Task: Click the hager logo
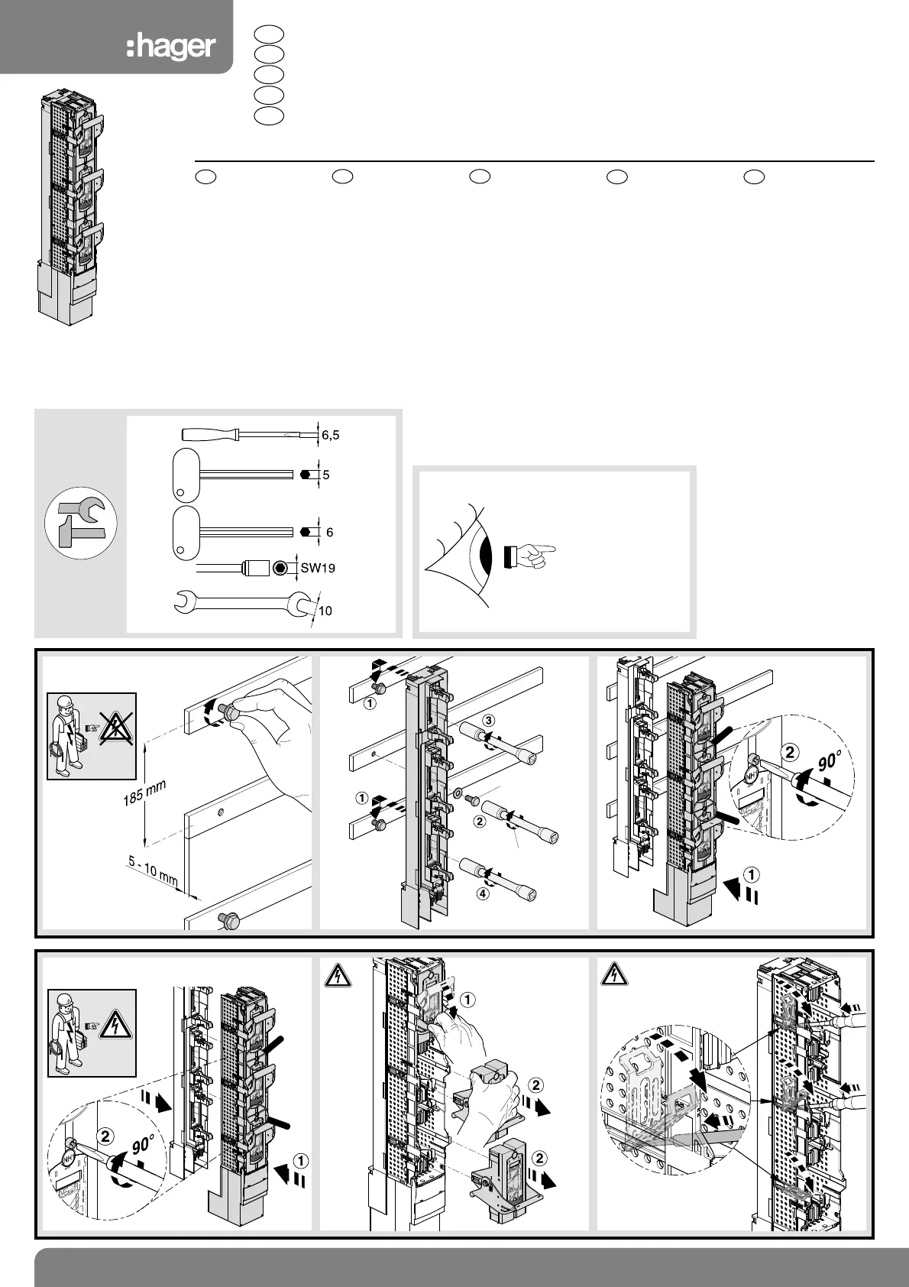click(170, 47)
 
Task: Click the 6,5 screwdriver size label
click(330, 436)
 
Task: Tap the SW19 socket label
click(318, 568)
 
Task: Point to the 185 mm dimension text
click(144, 793)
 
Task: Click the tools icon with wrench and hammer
click(80, 524)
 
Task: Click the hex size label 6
click(329, 532)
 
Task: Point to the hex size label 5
click(326, 475)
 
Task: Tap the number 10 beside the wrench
click(325, 611)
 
